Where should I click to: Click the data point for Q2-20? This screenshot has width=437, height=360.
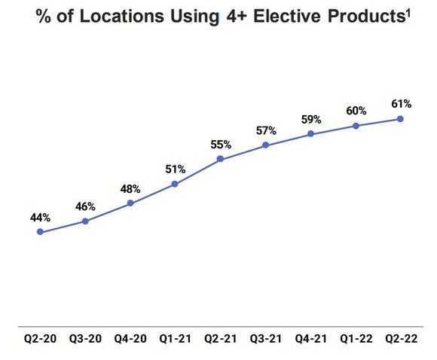coord(40,232)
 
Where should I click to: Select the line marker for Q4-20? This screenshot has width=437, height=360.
coord(130,203)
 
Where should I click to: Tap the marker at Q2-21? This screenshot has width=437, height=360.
coord(220,159)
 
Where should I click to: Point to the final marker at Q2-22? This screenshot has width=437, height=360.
coord(400,118)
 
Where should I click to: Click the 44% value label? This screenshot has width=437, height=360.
coord(40,218)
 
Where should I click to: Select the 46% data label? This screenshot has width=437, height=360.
coord(85,206)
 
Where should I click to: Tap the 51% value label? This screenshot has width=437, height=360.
coord(175,169)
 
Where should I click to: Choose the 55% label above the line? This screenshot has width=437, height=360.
coord(220,143)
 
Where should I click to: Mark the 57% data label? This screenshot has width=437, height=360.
coord(265,130)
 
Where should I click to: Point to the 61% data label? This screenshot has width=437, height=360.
coord(400,102)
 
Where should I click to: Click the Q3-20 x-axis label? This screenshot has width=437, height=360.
coord(85,340)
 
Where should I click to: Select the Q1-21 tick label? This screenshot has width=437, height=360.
coord(175,340)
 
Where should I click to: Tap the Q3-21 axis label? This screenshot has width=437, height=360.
coord(265,340)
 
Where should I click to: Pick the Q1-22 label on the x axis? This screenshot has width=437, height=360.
coord(355,340)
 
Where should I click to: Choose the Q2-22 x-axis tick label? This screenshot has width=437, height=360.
coord(400,340)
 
